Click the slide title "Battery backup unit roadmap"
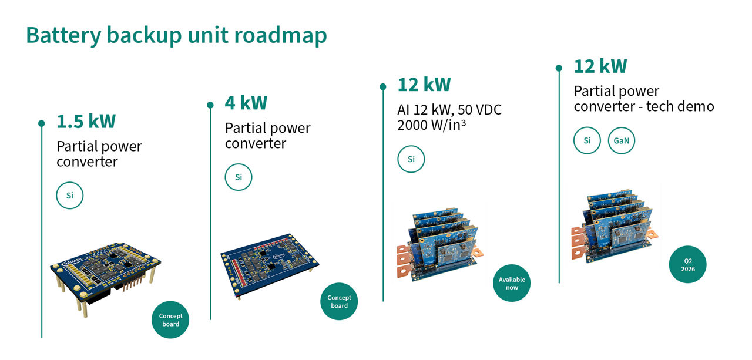pyautogui.click(x=176, y=35)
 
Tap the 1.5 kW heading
pyautogui.click(x=86, y=121)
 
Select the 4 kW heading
pyautogui.click(x=246, y=103)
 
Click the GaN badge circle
pyautogui.click(x=622, y=141)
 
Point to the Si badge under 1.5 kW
pyautogui.click(x=70, y=196)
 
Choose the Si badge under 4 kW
pyautogui.click(x=239, y=177)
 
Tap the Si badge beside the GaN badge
pyautogui.click(x=587, y=141)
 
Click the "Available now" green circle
pyautogui.click(x=512, y=283)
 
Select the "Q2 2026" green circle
pyautogui.click(x=687, y=264)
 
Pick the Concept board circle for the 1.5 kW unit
pyautogui.click(x=170, y=319)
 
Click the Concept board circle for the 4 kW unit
pyautogui.click(x=339, y=301)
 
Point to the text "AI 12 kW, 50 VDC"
pyautogui.click(x=449, y=110)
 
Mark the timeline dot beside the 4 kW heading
pyautogui.click(x=210, y=105)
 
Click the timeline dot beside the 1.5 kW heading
pyautogui.click(x=42, y=123)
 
